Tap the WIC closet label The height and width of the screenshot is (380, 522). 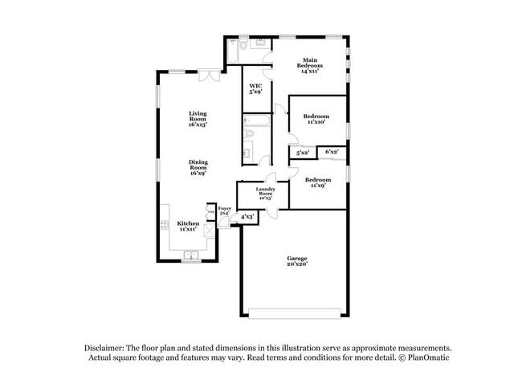[255, 89]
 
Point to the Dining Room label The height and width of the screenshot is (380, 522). [198, 167]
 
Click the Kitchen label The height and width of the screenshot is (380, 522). [188, 227]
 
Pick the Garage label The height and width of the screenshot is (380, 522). [297, 261]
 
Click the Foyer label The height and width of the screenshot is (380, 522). [225, 211]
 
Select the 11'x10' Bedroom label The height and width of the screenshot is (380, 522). [316, 120]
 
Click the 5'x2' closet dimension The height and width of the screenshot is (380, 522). [303, 153]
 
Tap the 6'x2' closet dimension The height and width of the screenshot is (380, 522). [332, 151]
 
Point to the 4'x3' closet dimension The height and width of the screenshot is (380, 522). [247, 216]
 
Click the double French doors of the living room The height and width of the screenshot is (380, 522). [210, 76]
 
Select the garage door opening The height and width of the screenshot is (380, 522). [296, 312]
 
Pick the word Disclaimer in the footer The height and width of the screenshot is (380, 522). [110, 348]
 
